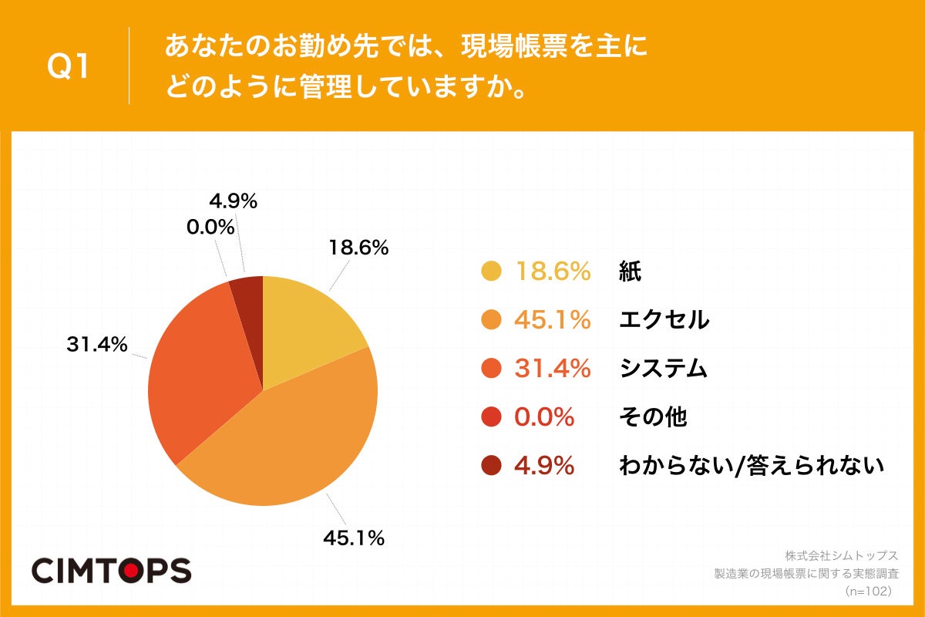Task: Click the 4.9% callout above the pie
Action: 233,201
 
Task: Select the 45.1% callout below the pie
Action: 354,538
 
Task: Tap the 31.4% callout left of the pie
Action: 96,345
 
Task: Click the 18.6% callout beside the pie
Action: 358,248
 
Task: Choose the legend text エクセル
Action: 664,319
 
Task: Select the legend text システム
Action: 663,369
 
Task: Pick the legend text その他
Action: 652,417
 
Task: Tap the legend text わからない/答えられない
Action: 751,466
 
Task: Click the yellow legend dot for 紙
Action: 491,271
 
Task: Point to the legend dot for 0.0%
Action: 491,417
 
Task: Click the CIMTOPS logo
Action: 111,571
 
